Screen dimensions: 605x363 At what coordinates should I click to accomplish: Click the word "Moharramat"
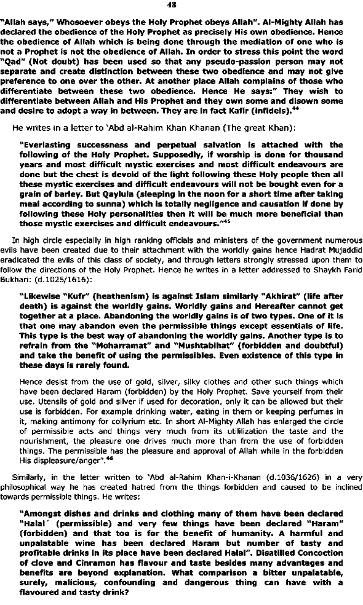click(x=117, y=345)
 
